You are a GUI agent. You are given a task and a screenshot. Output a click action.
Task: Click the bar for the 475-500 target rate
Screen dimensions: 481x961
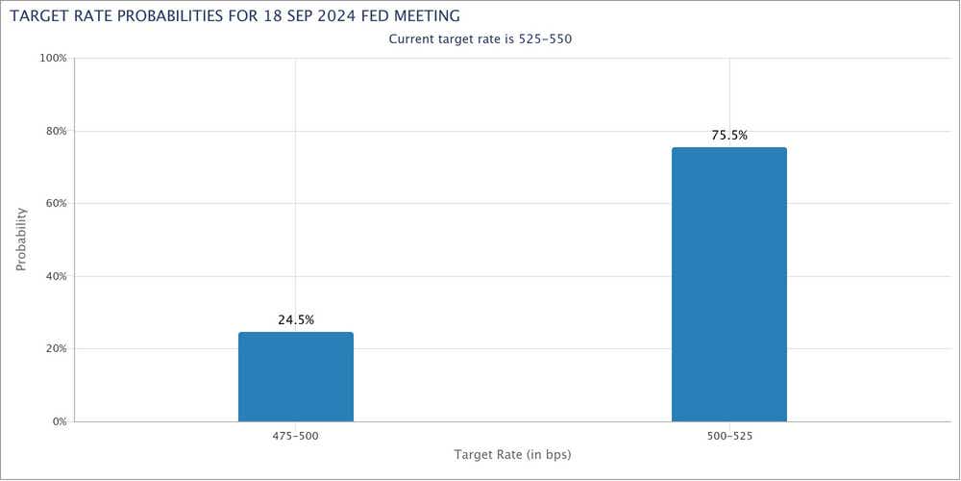coord(295,377)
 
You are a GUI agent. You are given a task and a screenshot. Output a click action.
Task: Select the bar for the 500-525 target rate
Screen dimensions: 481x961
coord(728,285)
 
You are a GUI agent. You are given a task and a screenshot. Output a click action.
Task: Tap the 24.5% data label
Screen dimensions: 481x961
coord(296,319)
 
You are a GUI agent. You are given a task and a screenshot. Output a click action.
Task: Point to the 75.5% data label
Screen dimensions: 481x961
coord(729,136)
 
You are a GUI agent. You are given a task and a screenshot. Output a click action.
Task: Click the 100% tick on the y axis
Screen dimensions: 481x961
coord(53,58)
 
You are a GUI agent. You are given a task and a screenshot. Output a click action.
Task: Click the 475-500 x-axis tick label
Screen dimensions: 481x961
coord(295,436)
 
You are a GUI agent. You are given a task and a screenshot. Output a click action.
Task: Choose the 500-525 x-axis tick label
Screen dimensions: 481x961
coord(728,436)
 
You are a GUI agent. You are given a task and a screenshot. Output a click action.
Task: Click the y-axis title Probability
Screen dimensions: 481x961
coord(21,240)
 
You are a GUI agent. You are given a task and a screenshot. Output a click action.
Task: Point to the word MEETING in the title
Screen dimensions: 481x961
coord(427,15)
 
